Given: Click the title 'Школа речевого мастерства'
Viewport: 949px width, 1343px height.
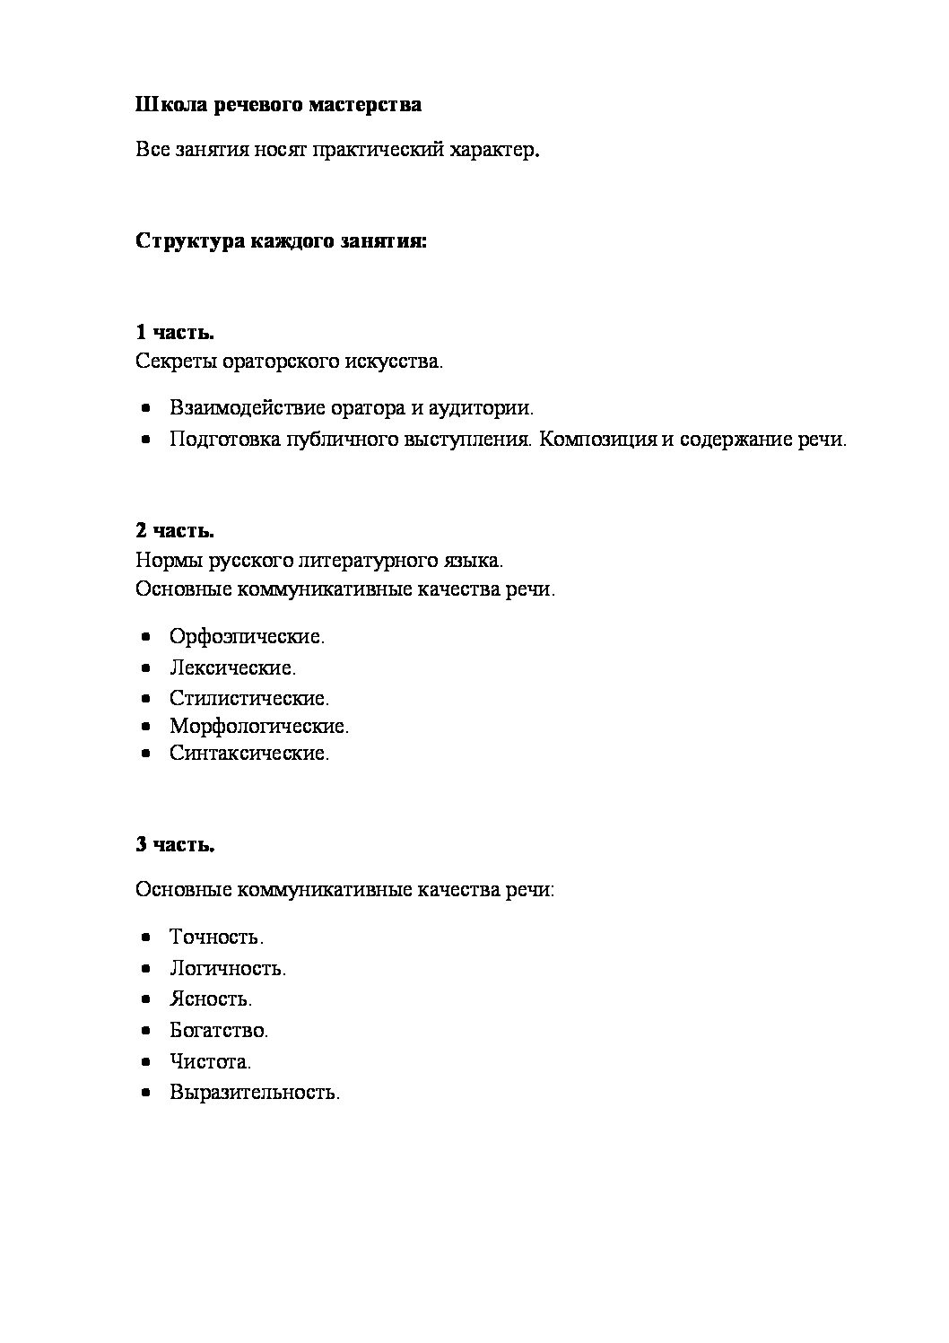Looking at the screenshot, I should pos(278,105).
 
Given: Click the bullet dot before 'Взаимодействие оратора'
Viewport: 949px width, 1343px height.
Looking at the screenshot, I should pos(146,409).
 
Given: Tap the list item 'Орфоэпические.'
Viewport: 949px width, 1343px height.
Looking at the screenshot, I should pos(247,637).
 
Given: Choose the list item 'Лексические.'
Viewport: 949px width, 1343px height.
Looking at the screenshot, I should pos(232,667).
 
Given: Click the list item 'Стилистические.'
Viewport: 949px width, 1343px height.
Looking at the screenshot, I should pos(249,697).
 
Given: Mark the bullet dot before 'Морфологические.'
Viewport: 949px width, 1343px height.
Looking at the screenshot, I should pos(146,726).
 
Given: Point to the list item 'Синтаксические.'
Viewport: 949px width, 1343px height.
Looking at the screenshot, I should pos(249,753).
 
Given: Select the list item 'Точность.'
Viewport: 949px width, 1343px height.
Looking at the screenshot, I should pos(216,937).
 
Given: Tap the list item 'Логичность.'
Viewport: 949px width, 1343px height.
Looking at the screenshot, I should pos(228,968).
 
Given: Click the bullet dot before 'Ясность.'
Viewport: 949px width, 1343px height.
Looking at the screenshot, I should pos(146,999).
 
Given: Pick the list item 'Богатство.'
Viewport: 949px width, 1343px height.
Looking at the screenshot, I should pos(219,1030).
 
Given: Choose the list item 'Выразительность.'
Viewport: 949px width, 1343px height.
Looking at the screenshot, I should pos(255,1093).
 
